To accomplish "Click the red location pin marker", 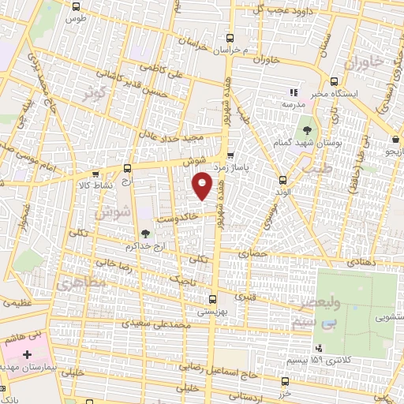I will [203, 186].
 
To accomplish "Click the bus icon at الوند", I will [282, 181].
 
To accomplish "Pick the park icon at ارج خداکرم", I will [144, 233].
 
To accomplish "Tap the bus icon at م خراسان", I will [230, 37].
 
